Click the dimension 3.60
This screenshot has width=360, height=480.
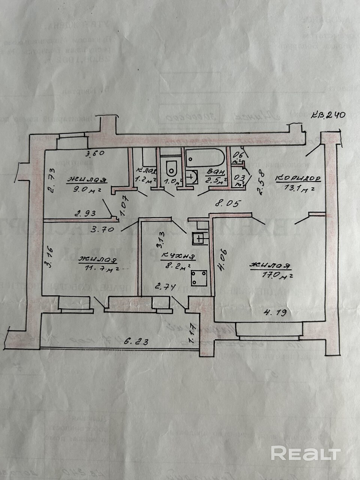point(94,153)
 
